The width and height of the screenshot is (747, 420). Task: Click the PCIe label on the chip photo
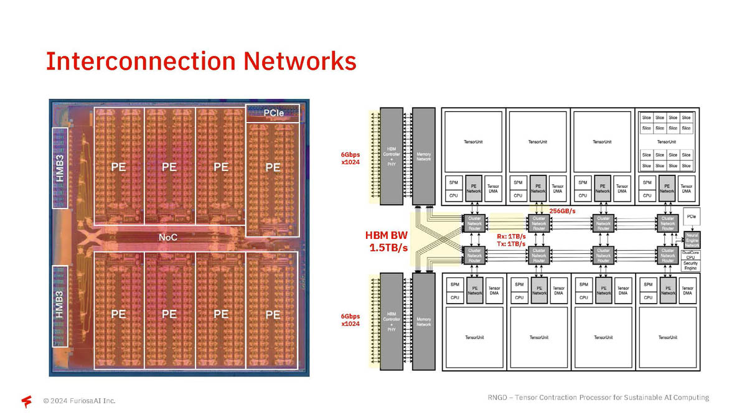tap(274, 113)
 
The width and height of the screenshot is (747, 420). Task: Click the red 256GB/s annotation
tap(562, 212)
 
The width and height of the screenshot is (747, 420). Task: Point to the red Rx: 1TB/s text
tap(511, 236)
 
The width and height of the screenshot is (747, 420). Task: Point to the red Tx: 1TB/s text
tap(511, 244)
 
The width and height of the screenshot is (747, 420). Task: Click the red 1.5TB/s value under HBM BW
tap(388, 248)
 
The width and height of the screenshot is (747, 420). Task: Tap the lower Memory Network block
tap(423, 322)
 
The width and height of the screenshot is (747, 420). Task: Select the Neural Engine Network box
tap(692, 239)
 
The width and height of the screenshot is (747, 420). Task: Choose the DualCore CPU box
tap(691, 254)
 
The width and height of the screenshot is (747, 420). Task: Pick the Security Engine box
tap(690, 266)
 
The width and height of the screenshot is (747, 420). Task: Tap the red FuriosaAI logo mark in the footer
tap(27, 401)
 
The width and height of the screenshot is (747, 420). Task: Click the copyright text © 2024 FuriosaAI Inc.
tap(79, 401)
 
